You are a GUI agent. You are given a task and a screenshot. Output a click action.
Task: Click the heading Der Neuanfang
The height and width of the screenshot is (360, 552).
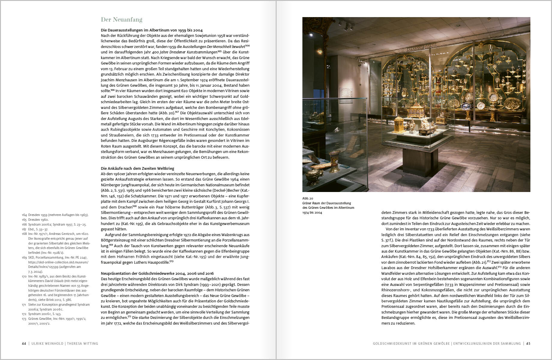121,20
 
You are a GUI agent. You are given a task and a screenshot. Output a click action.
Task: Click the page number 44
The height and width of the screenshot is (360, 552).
24,343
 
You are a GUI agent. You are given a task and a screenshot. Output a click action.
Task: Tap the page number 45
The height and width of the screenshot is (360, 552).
528,343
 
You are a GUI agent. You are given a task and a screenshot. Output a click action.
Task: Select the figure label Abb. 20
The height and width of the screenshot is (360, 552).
307,198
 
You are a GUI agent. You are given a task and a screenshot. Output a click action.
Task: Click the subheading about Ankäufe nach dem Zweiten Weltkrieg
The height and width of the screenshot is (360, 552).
137,168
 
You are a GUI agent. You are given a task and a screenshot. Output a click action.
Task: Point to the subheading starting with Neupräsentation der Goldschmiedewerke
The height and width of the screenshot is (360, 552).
157,273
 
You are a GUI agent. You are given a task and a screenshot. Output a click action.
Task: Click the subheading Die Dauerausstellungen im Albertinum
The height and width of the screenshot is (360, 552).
151,30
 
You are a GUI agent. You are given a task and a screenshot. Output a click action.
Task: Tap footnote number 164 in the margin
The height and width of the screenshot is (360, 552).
24,215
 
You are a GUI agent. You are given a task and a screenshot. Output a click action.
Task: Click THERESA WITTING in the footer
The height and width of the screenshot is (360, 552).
82,343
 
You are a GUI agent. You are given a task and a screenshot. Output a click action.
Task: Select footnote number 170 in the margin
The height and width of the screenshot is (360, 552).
24,276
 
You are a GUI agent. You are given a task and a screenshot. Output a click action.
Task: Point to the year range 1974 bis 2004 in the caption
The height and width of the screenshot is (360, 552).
312,212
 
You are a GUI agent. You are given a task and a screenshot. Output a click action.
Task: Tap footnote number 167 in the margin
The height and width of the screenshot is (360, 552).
24,229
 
